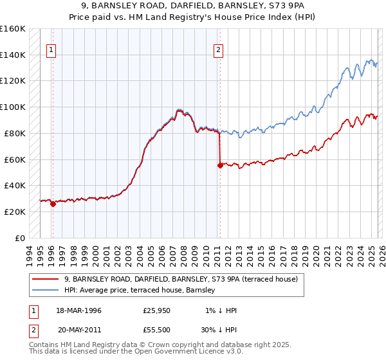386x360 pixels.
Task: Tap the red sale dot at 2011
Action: point(220,165)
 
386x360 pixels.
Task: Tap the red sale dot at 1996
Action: point(53,204)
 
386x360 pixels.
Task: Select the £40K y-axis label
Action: point(14,185)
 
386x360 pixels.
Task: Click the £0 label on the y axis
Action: point(21,238)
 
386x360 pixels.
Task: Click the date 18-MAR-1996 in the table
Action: point(79,310)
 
